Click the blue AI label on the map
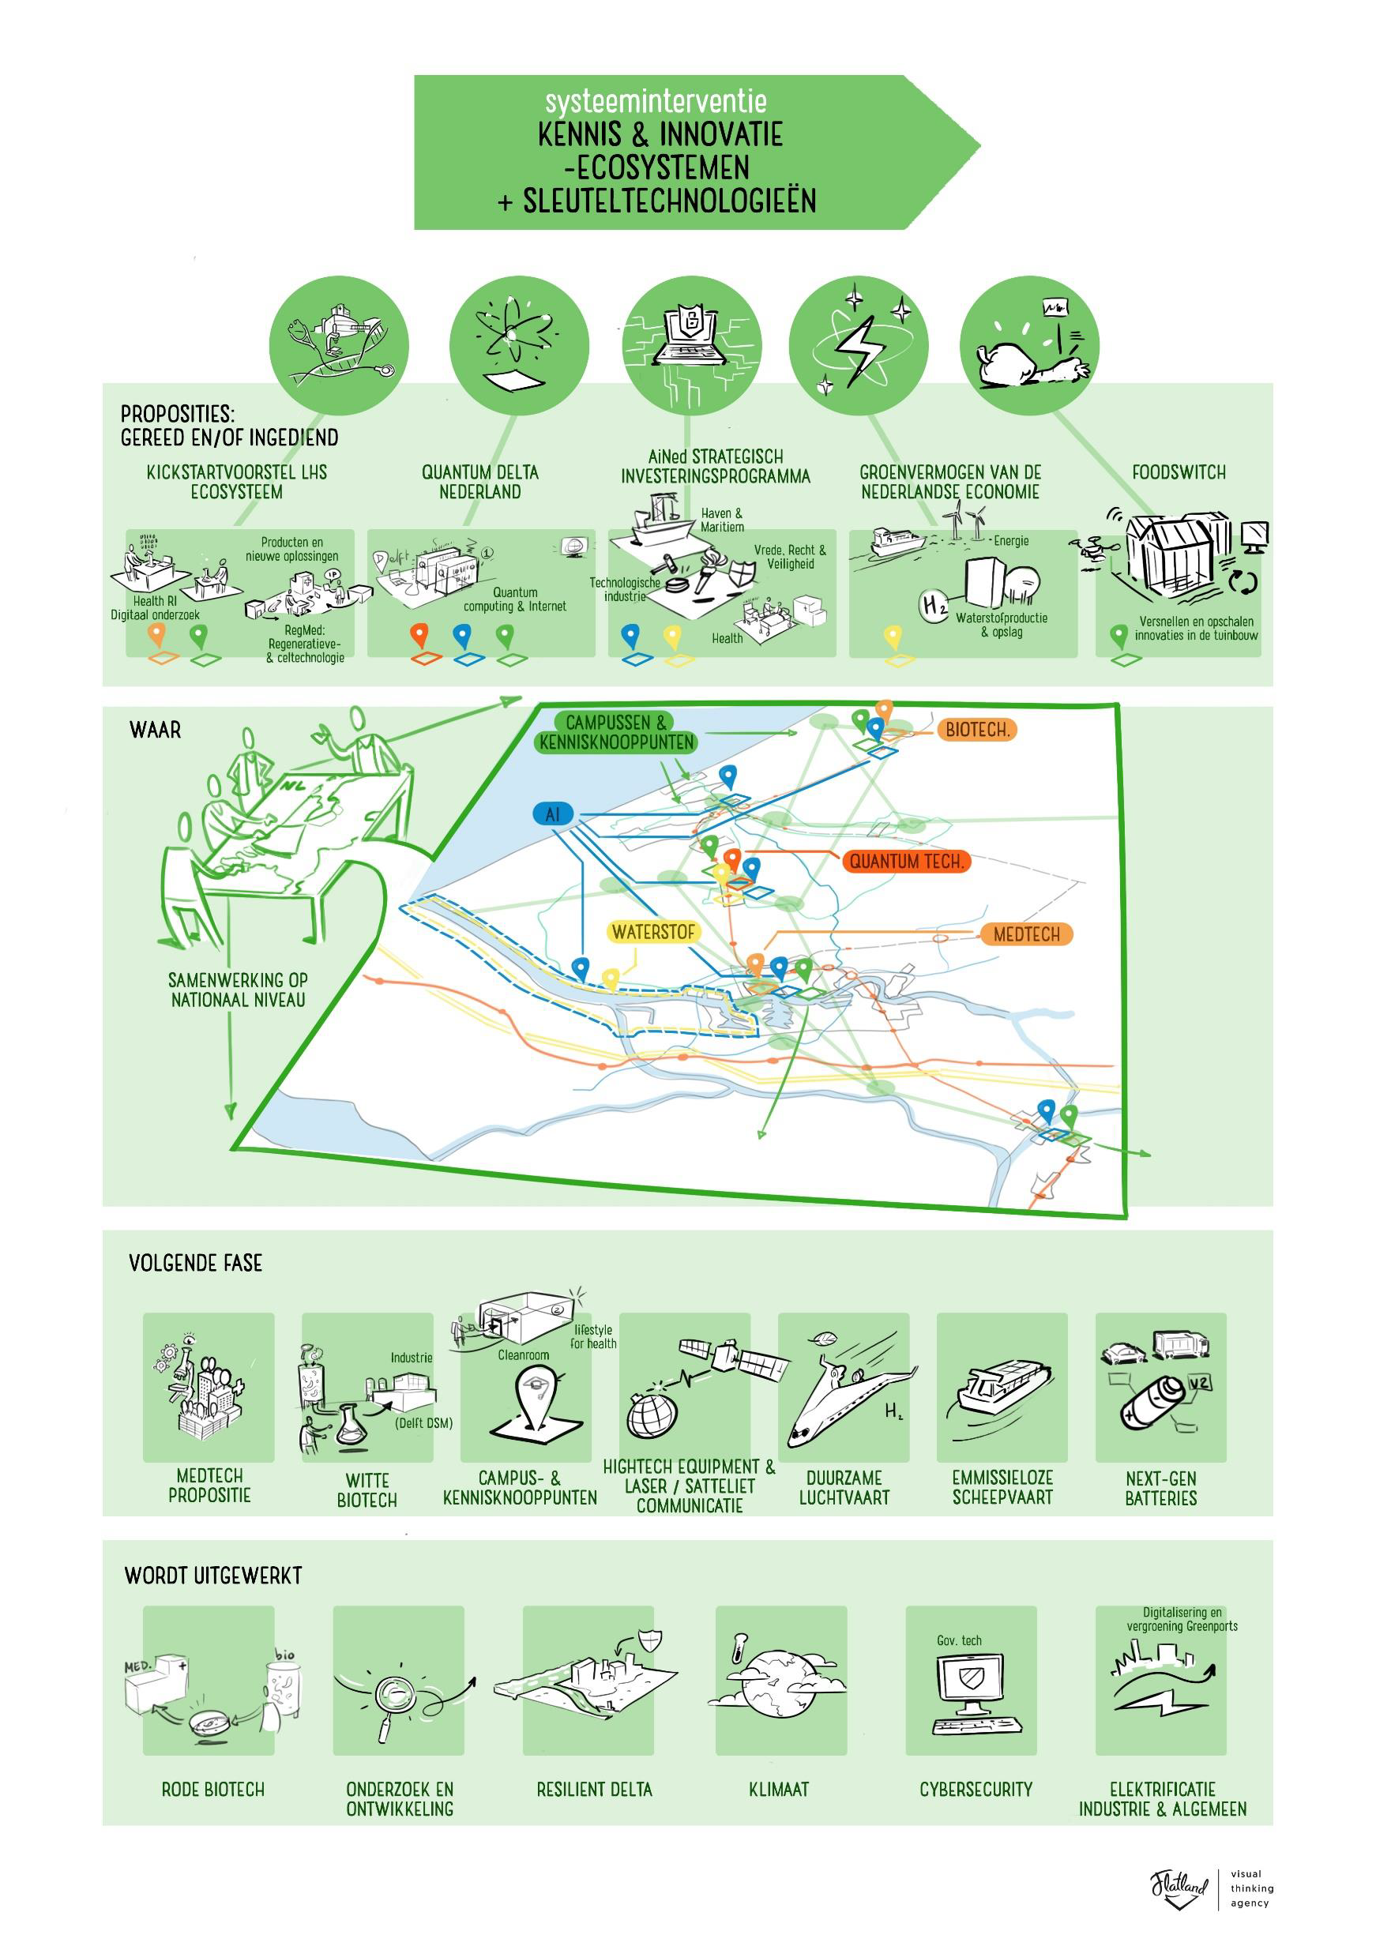point(553,814)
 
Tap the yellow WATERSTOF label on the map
point(654,932)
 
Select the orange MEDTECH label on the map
point(1026,935)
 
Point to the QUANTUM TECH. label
point(906,862)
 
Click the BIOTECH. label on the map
point(976,730)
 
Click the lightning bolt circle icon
point(859,346)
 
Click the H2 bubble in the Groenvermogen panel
point(934,606)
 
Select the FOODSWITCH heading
point(1179,473)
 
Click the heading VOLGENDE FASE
point(196,1264)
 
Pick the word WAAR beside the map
point(155,731)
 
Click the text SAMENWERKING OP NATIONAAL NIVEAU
point(238,990)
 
